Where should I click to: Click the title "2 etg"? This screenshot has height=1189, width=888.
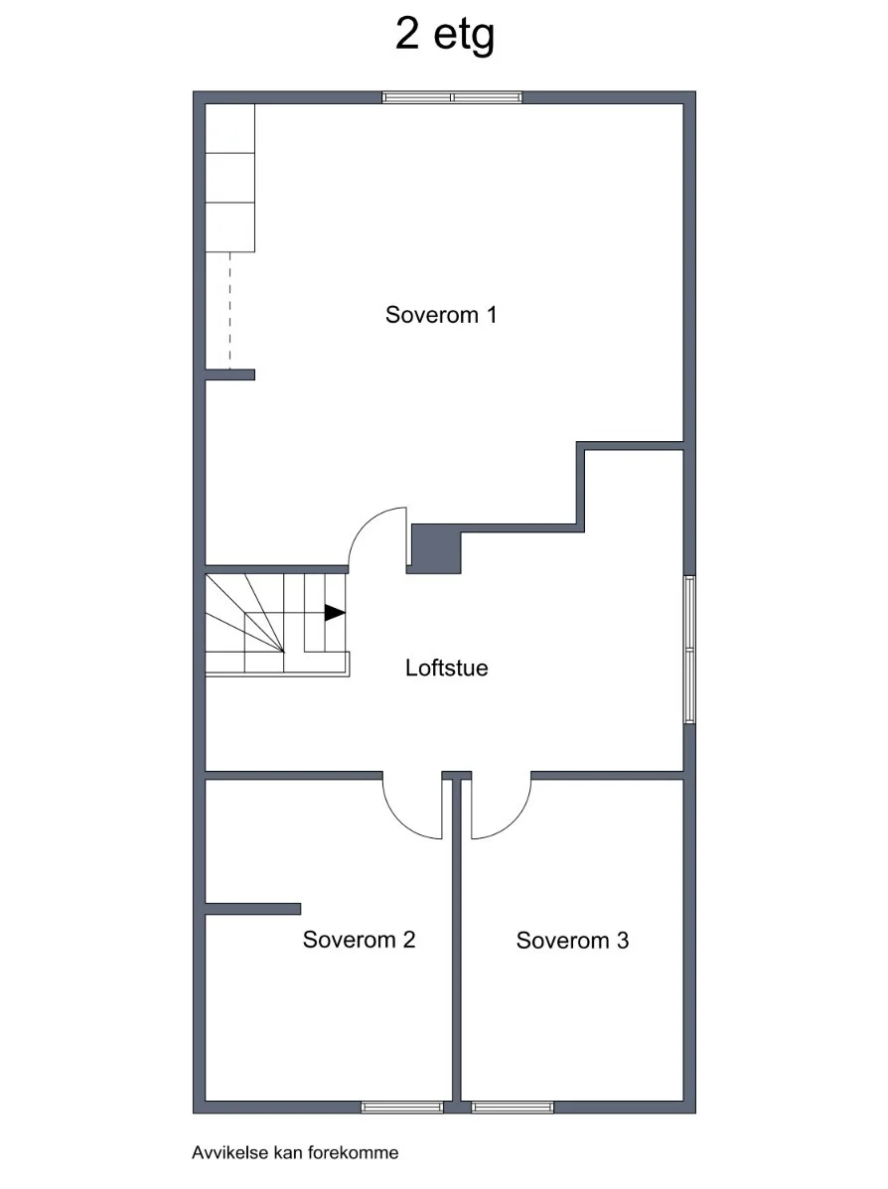pyautogui.click(x=444, y=35)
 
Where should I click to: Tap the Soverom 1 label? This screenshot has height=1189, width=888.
pyautogui.click(x=441, y=315)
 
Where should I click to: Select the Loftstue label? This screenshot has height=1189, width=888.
pyautogui.click(x=447, y=668)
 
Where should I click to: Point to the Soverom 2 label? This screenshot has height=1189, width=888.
pyautogui.click(x=359, y=940)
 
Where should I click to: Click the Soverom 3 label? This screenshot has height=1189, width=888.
pyautogui.click(x=572, y=941)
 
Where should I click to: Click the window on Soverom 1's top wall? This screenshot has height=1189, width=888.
pyautogui.click(x=452, y=97)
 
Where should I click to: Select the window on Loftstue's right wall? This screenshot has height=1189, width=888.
pyautogui.click(x=689, y=649)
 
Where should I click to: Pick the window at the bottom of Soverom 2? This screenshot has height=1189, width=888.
pyautogui.click(x=402, y=1108)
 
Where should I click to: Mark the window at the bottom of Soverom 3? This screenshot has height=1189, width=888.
pyautogui.click(x=513, y=1108)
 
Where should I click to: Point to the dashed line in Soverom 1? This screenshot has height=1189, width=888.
pyautogui.click(x=229, y=310)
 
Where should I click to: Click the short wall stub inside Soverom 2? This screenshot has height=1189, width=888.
pyautogui.click(x=253, y=909)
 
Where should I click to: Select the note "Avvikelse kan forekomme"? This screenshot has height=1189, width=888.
pyautogui.click(x=295, y=1152)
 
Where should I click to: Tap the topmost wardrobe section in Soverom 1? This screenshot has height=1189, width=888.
pyautogui.click(x=229, y=128)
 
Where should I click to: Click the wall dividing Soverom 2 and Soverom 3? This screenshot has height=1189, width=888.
pyautogui.click(x=457, y=941)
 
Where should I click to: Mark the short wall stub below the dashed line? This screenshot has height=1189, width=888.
pyautogui.click(x=229, y=374)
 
